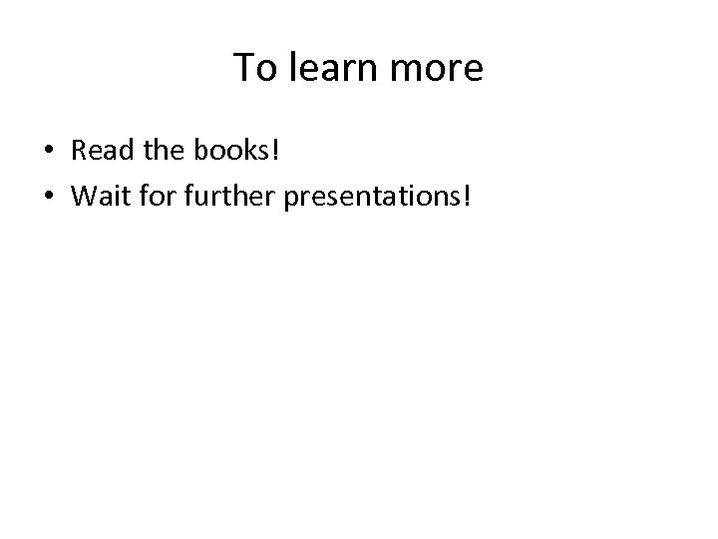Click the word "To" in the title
[253, 68]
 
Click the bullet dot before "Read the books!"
[48, 151]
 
